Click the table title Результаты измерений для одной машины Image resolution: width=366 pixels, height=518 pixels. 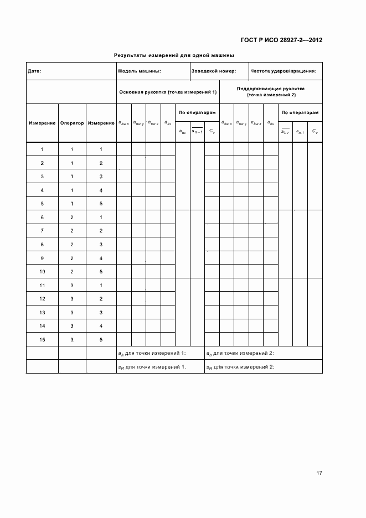[x=174, y=55]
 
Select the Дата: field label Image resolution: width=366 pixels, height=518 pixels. [x=34, y=71]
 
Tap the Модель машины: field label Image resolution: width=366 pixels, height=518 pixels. [x=140, y=71]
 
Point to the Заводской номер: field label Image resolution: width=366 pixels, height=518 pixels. [x=213, y=71]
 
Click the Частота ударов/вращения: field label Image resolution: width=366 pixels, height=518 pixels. [x=283, y=71]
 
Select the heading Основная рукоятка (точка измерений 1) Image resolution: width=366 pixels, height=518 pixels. [x=167, y=92]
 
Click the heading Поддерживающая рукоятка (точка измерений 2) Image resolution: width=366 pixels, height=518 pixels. [x=271, y=92]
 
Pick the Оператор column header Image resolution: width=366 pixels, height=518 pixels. [x=72, y=123]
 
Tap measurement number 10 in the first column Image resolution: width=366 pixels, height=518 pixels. [x=42, y=271]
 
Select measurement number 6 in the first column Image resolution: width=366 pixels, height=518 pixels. [x=42, y=217]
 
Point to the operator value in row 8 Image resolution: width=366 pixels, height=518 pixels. [x=72, y=244]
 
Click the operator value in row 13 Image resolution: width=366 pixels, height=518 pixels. [x=72, y=312]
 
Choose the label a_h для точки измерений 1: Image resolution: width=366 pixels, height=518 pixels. [x=152, y=353]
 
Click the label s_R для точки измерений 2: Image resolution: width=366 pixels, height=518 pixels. [x=241, y=366]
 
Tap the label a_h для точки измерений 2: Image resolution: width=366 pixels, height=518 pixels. [x=241, y=353]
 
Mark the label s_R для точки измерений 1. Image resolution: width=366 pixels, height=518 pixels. [x=152, y=366]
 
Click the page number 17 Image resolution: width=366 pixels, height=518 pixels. [x=319, y=473]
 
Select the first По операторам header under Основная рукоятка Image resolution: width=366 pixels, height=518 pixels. [x=197, y=112]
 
